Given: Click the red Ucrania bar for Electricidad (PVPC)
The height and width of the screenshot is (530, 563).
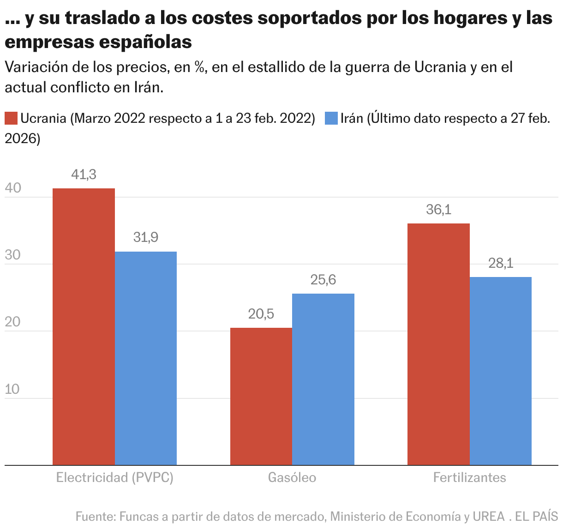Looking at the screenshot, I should coord(84,326).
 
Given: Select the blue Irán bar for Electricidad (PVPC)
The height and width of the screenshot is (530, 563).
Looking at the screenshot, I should coord(146,358).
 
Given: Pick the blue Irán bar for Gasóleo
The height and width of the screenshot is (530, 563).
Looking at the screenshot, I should coord(323,379).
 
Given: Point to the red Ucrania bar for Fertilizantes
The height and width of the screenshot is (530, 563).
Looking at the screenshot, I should coord(438,344).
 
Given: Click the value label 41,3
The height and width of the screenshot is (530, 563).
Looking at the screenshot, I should coord(84,175).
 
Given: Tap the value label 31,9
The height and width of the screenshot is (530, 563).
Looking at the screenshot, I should coord(146,237).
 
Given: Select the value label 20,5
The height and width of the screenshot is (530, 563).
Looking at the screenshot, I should coord(261,314).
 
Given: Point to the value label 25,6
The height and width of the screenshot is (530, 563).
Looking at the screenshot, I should coord(323,280).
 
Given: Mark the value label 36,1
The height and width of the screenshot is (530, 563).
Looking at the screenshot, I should coord(438,210).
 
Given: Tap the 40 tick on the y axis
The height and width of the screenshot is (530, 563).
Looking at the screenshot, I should coord(12,188).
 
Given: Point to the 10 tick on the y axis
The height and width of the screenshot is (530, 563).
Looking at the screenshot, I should coord(12,389).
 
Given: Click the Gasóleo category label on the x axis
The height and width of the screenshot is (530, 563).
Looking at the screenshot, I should coord(292,477).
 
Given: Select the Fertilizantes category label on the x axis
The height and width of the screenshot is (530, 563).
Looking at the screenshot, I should coord(469,477).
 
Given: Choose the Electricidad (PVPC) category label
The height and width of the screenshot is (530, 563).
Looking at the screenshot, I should coord(114,477).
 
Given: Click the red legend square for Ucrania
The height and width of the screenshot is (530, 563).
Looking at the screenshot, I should coord(11,118).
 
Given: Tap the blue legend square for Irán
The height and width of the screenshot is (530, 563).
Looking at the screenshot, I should coord(331,118).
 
